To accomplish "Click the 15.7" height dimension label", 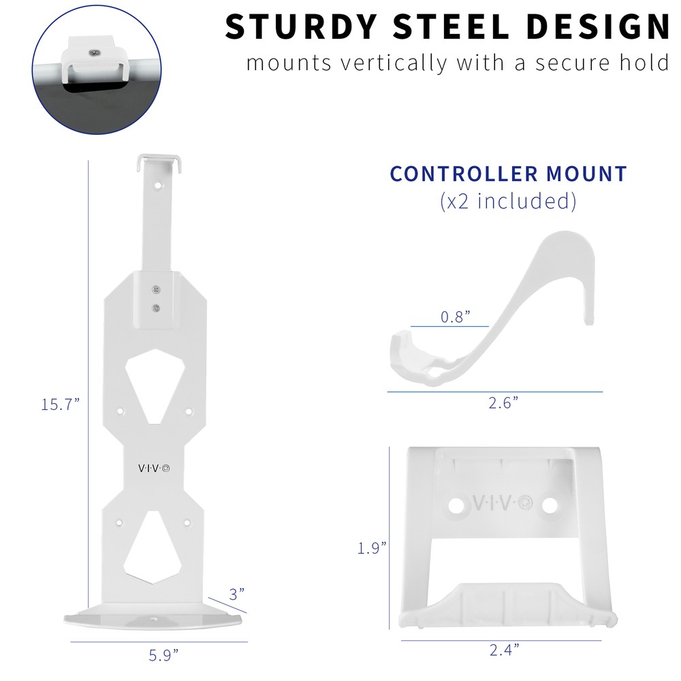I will point(60,404).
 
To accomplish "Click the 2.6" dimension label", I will point(503,403).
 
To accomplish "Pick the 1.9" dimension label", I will point(373,547).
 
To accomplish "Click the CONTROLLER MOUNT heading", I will point(508,174).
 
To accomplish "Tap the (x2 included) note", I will point(508,201).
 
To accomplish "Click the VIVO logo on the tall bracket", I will point(155,468).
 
